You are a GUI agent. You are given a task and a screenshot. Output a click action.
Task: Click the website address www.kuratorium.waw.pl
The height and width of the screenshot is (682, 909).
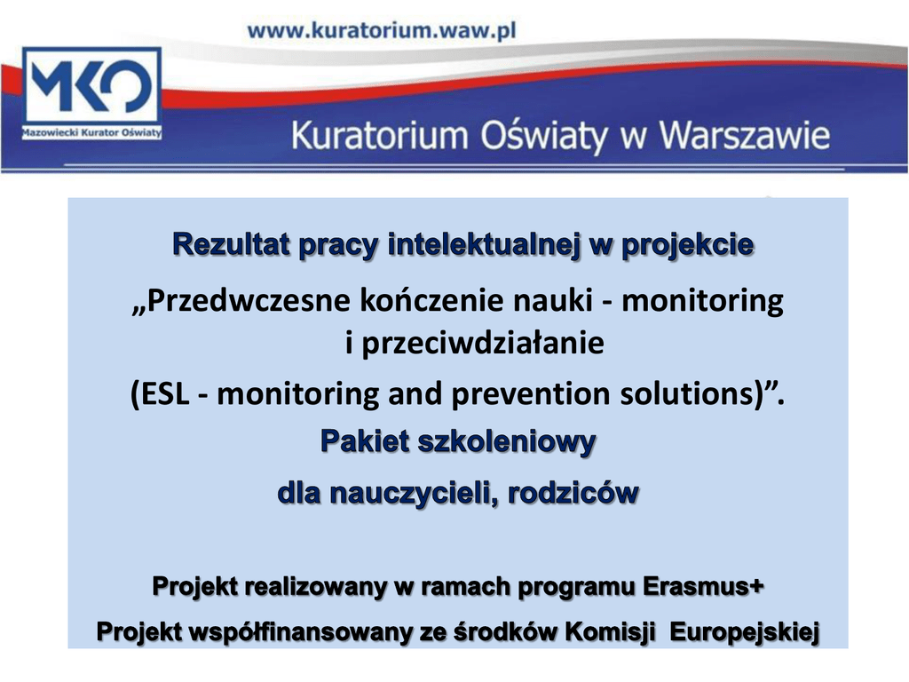coord(382,30)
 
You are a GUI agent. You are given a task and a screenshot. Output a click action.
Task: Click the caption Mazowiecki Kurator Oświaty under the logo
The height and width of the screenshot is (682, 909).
coord(91,132)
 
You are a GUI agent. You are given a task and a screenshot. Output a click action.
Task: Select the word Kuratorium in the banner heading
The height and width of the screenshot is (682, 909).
coord(379,135)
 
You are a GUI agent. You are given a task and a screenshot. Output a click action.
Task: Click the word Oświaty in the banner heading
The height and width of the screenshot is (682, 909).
coord(543,136)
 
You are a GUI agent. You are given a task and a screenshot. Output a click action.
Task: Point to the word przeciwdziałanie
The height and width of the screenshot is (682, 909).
coord(482,343)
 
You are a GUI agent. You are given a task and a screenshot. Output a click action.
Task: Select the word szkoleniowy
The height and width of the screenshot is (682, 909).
coord(507,442)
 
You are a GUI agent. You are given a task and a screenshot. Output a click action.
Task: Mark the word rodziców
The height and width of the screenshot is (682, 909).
coord(573,493)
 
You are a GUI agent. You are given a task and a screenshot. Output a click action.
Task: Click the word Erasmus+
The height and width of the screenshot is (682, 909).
coord(703,586)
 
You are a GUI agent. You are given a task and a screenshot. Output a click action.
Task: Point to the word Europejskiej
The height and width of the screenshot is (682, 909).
coord(745,631)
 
